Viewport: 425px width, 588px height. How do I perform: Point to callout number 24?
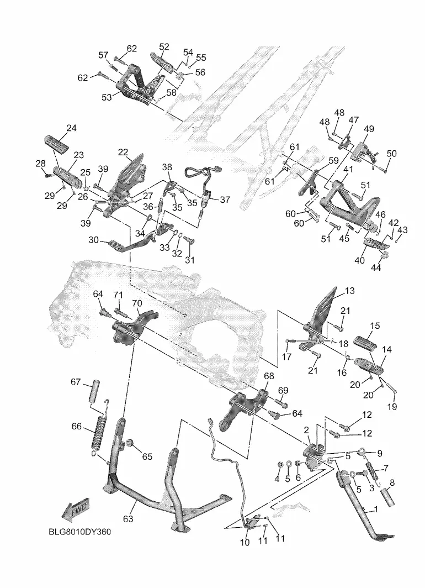click(x=71, y=128)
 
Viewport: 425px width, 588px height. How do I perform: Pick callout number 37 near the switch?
click(x=225, y=200)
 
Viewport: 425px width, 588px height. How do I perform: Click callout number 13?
click(x=350, y=291)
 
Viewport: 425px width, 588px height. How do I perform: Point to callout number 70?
click(x=137, y=303)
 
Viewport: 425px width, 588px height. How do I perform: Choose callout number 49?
click(x=369, y=129)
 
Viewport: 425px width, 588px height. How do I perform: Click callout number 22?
click(x=123, y=152)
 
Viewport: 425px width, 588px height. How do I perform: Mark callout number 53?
click(x=107, y=97)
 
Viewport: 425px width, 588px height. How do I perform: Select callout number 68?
click(x=269, y=376)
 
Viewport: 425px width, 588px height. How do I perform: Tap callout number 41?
click(x=348, y=169)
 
